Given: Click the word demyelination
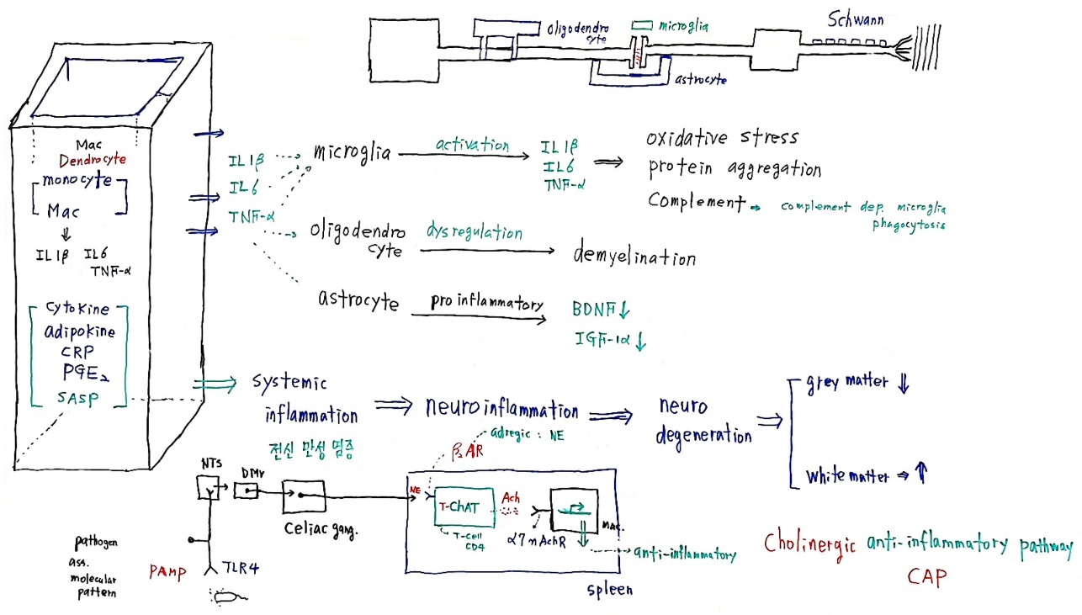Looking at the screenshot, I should [x=634, y=256].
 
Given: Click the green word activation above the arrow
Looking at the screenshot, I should [x=472, y=145].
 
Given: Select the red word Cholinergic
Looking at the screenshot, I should [x=810, y=543].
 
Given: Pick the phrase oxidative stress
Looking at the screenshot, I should [x=721, y=137].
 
